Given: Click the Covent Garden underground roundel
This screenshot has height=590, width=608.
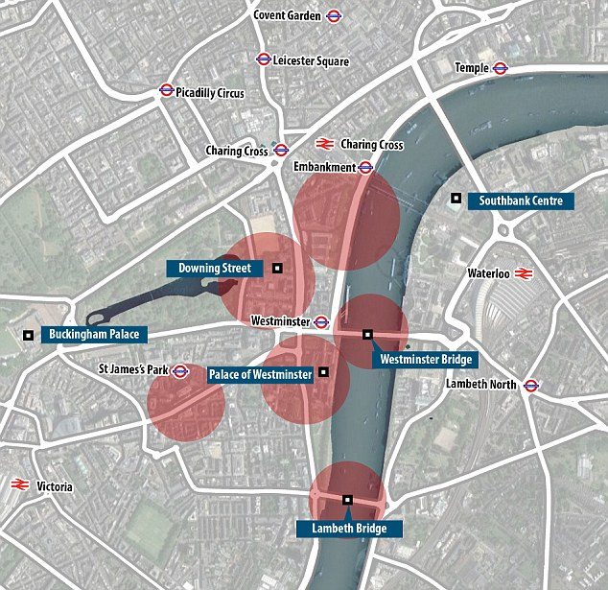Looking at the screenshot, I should tap(334, 15).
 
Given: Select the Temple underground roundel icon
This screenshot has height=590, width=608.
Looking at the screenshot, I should tap(500, 68).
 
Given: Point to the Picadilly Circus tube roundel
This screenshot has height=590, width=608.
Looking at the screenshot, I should tap(166, 92).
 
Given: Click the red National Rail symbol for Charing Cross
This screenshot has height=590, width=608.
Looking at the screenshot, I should tap(325, 144).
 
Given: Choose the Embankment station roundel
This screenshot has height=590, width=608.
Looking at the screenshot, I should tap(365, 167).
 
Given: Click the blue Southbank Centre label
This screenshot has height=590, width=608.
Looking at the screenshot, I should tap(521, 201).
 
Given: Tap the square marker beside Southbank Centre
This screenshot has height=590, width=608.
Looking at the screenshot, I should tap(456, 199).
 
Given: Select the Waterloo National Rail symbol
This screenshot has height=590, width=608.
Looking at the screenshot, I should tap(523, 273).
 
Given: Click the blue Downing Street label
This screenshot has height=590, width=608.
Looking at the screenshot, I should tap(214, 269).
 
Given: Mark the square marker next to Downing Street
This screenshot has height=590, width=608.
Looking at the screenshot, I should tap(277, 269).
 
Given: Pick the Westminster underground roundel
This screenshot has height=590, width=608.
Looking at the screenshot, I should tap(321, 321).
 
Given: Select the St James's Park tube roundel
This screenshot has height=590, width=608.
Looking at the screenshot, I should tap(179, 370).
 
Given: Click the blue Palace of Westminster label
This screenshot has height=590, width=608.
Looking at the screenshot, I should tap(261, 374).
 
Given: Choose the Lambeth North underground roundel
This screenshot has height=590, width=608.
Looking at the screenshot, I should tap(530, 385).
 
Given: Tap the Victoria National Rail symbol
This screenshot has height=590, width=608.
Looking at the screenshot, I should tap(17, 485).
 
